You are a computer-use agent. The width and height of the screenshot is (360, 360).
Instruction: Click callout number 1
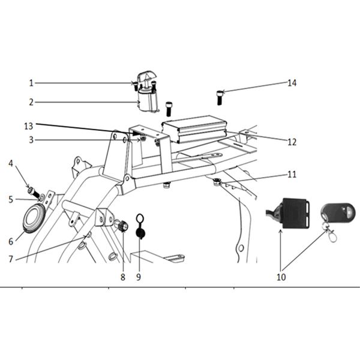point(31,83)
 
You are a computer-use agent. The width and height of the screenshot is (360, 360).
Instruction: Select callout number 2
point(31,103)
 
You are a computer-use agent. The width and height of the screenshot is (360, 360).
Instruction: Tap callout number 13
point(29,126)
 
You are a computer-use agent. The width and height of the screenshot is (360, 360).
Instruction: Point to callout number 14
point(292,83)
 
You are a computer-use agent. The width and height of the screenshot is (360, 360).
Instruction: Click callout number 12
point(292,142)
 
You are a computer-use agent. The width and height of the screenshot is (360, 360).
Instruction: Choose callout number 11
point(292,175)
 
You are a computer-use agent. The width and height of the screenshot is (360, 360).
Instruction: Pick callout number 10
point(281,277)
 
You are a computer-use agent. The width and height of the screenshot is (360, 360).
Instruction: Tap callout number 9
point(139,277)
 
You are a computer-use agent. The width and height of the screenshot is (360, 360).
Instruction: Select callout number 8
point(123,277)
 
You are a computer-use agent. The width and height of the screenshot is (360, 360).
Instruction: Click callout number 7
point(11,259)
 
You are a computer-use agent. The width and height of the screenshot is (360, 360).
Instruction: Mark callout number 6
point(11,242)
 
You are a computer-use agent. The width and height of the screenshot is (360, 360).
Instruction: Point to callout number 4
point(11,163)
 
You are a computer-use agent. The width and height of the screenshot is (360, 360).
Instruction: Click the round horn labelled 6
point(34,218)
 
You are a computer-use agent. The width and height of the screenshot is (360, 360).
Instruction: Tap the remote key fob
point(338,213)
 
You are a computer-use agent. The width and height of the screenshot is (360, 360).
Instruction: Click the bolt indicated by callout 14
point(220,98)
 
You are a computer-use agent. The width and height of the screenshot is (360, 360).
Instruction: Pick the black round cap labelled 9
point(140,233)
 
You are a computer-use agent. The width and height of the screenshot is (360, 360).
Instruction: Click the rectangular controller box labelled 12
point(194,129)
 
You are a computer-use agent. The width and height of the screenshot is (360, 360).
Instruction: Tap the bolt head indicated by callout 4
point(31,191)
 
